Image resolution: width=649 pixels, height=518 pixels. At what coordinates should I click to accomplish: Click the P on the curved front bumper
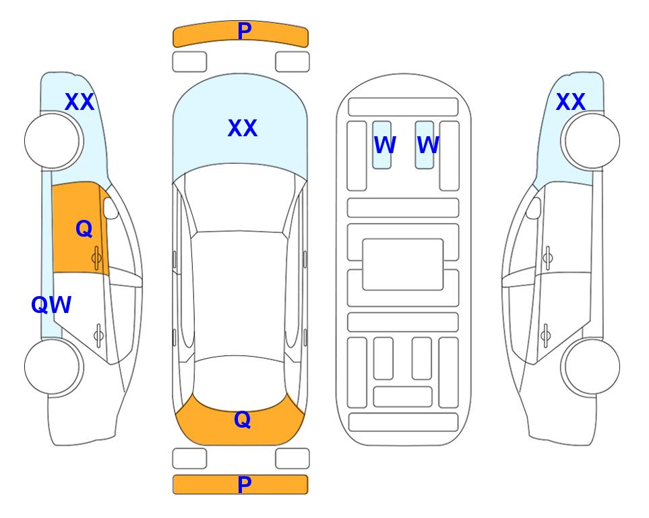point(244,31)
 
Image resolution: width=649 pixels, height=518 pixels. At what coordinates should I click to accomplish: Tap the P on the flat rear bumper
point(244,484)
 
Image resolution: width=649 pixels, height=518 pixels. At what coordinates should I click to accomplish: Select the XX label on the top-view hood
point(243,128)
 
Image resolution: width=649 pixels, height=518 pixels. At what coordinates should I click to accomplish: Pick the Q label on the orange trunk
point(243,420)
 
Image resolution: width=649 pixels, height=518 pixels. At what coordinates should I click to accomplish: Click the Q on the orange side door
point(84,229)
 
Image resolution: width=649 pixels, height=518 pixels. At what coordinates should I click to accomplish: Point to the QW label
point(51,305)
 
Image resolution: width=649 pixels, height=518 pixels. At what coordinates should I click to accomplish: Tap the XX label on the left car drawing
point(80,102)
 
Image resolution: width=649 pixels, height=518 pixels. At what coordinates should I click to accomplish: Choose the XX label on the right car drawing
point(570,102)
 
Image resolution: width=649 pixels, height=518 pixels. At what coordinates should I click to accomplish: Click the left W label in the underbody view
point(385,145)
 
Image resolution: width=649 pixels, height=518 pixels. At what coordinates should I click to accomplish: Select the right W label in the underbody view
point(428,145)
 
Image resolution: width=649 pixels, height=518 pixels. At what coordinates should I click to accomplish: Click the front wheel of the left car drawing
point(54,141)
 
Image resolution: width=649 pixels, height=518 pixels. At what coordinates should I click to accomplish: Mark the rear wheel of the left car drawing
point(54,367)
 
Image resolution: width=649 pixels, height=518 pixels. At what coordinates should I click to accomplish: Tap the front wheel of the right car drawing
point(590,141)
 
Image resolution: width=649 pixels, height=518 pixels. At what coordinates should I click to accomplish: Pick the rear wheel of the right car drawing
point(590,367)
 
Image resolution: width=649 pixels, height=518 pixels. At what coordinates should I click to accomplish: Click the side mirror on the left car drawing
point(111,208)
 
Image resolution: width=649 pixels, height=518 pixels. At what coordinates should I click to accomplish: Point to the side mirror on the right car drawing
point(534,208)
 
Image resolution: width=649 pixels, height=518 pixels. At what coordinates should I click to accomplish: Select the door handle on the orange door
point(97,258)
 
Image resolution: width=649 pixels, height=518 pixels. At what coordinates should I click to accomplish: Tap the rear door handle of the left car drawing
point(99,335)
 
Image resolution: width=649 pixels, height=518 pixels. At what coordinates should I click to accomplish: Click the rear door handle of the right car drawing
point(545,335)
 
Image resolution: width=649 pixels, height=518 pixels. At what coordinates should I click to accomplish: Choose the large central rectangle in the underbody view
point(403,264)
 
